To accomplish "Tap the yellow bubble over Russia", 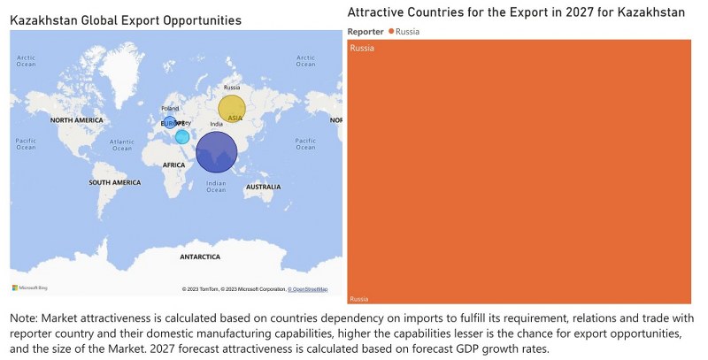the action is (x=233, y=111).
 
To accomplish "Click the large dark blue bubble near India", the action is (x=216, y=151).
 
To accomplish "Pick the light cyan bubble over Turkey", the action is (x=182, y=136).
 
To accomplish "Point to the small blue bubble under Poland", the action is (x=170, y=122).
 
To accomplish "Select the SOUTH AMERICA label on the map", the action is (x=115, y=182).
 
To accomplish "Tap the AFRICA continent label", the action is (x=174, y=165).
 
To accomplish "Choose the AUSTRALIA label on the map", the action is (x=263, y=188).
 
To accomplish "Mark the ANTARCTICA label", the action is (x=199, y=257).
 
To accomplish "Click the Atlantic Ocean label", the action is (x=122, y=144).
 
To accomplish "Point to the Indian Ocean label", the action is (x=216, y=187).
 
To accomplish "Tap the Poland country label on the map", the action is (x=170, y=108).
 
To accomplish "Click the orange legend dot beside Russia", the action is (x=391, y=32).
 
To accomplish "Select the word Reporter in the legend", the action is (x=366, y=32).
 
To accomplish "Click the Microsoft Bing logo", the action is (x=29, y=287).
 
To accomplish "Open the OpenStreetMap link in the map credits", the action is (x=310, y=289).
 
